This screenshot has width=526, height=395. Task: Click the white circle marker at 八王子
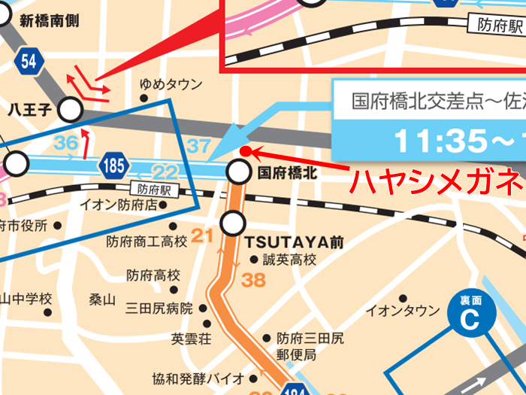click(71, 111)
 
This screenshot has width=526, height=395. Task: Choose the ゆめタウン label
click(171, 84)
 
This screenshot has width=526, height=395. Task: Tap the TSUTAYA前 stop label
click(294, 242)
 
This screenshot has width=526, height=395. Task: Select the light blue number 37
click(201, 144)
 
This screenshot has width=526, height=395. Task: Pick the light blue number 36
click(66, 142)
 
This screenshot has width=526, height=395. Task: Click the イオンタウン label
click(402, 311)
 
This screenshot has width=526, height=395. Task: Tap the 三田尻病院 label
click(159, 308)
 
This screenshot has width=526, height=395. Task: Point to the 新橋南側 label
click(50, 21)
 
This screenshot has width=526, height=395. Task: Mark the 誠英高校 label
click(289, 260)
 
